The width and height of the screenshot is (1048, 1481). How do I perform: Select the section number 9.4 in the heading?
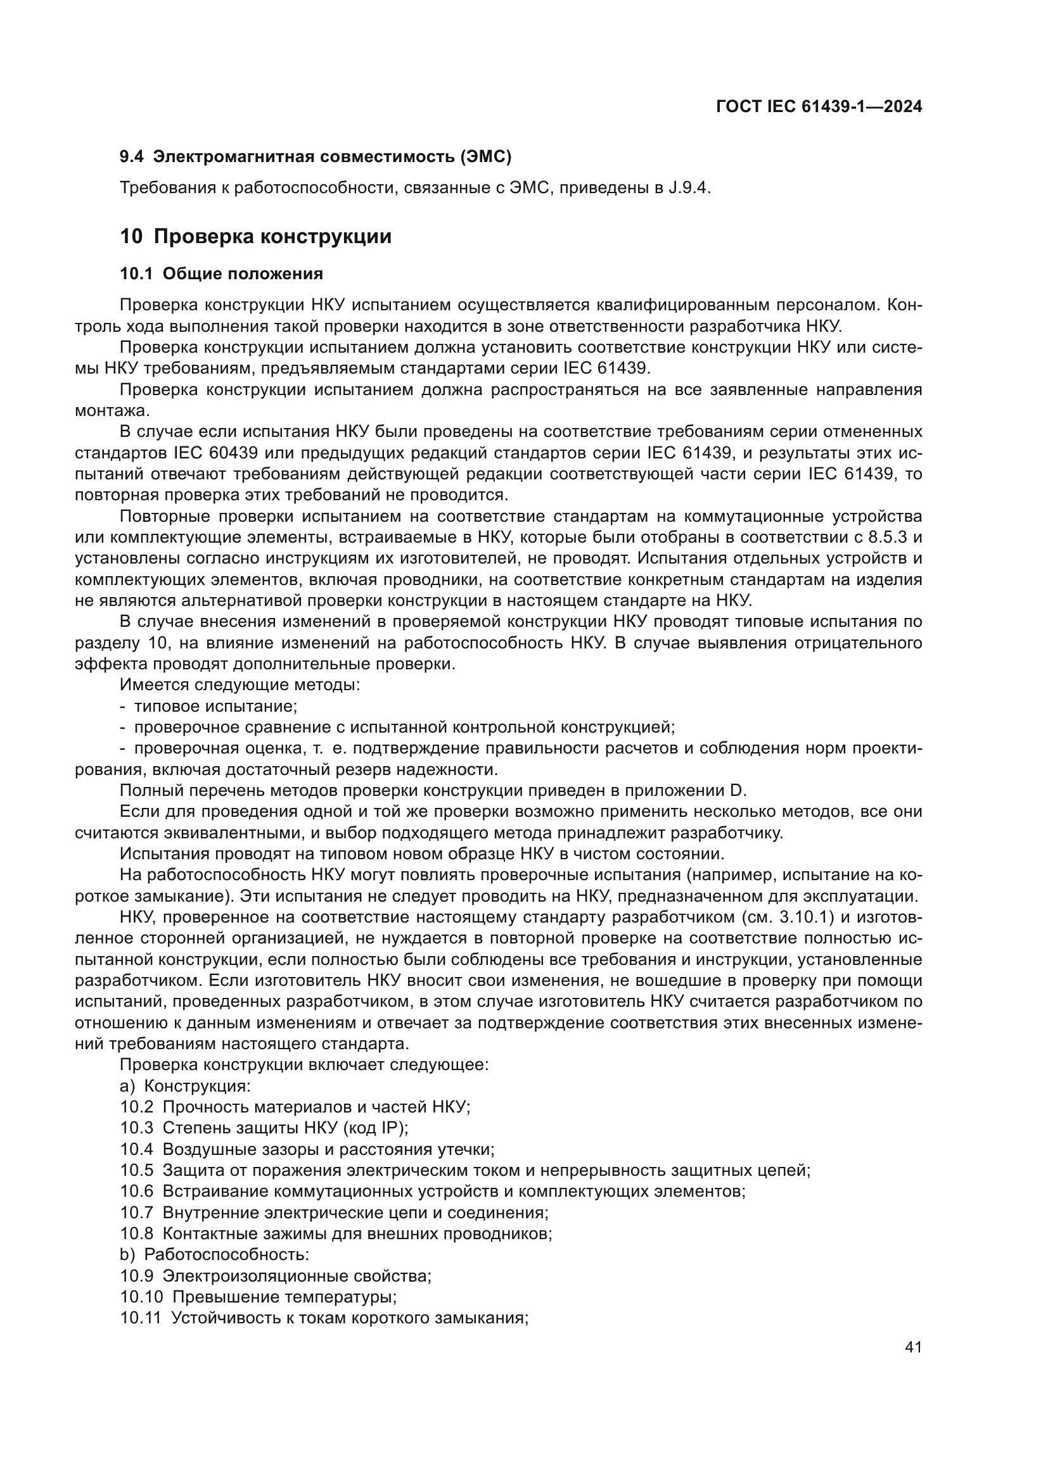(x=132, y=156)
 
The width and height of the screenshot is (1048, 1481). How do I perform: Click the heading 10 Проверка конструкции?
(x=255, y=237)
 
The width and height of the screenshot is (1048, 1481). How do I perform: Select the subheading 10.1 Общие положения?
(x=221, y=274)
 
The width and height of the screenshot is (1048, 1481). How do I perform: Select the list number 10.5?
(x=137, y=1171)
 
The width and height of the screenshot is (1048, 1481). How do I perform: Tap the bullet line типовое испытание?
(x=215, y=707)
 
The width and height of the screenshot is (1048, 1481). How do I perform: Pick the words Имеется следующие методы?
(x=240, y=685)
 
